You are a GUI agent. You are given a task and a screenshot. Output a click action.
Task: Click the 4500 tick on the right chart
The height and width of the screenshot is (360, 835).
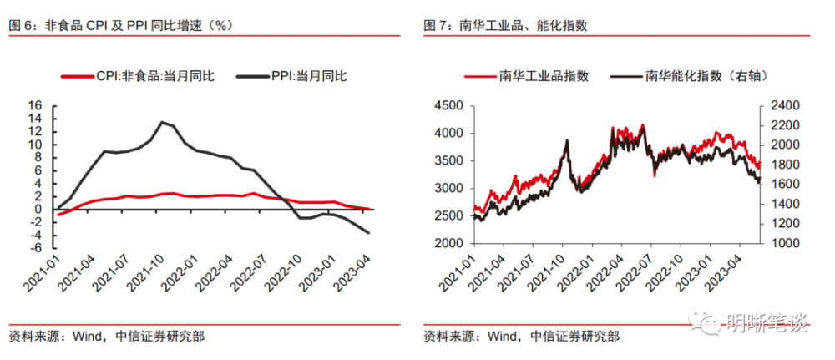tap(448, 106)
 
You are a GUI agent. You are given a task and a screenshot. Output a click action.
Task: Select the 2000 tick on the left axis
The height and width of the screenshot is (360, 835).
tap(448, 243)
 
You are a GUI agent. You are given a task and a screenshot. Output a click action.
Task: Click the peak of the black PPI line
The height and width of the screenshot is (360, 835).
tap(161, 122)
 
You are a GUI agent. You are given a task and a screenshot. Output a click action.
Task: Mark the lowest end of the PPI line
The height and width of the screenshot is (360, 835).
tap(369, 233)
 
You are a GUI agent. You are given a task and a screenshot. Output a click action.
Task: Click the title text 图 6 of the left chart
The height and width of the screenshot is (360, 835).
tap(20, 25)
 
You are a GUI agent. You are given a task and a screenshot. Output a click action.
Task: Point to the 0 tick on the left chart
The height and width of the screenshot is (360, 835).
tap(38, 210)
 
